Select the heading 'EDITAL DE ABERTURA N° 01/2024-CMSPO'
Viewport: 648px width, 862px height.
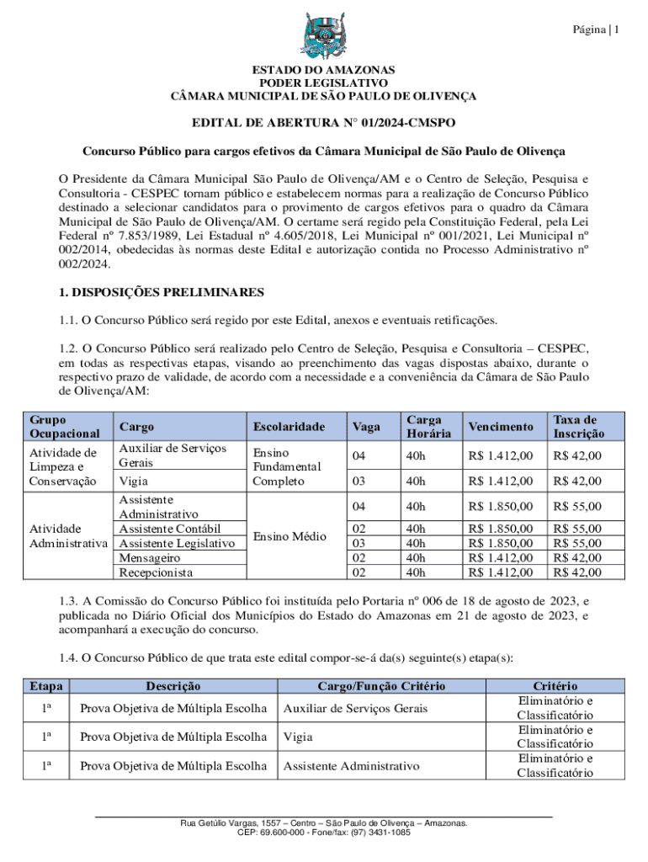[x=323, y=123]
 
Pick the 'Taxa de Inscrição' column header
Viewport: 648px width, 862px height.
[x=577, y=426]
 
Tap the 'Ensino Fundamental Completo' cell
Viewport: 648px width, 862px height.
[x=286, y=467]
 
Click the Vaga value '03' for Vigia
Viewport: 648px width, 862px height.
[x=359, y=481]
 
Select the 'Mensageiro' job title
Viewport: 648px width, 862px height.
[x=150, y=557]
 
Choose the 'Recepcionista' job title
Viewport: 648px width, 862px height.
[x=156, y=572]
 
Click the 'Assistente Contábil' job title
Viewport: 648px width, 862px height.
[x=170, y=529]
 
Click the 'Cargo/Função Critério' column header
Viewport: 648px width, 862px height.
[x=381, y=687]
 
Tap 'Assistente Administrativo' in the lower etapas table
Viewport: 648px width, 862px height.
[x=351, y=766]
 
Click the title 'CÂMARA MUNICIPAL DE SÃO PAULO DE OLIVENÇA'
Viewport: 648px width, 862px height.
[x=323, y=97]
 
